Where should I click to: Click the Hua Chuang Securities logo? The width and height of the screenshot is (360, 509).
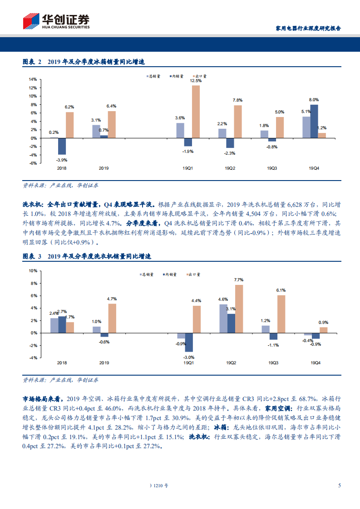tap(56, 21)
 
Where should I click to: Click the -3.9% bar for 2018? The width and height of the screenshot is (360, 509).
tap(62, 146)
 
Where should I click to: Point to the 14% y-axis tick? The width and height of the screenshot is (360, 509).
tap(33, 79)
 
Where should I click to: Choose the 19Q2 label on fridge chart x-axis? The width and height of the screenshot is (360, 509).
tap(230, 168)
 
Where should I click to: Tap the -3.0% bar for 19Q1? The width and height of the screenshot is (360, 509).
tap(188, 342)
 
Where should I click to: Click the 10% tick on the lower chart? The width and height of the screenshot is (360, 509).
tap(33, 271)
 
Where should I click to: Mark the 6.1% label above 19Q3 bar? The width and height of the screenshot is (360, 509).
tap(281, 290)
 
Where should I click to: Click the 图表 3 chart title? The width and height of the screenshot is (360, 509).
tap(86, 256)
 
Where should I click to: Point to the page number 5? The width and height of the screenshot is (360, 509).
tap(340, 485)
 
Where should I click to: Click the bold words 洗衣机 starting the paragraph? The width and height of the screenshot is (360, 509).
tap(32, 205)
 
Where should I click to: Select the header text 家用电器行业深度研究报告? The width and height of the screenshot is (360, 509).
tap(308, 28)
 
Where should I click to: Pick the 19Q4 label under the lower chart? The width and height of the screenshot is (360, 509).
tap(314, 363)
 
